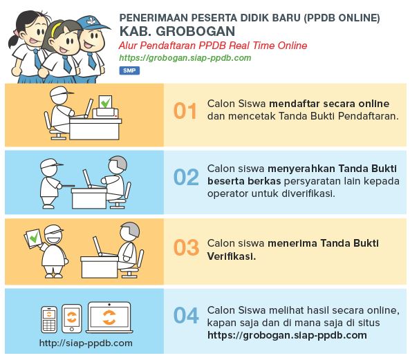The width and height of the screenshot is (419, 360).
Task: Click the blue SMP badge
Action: [x=129, y=70]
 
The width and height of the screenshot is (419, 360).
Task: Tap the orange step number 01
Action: [x=185, y=111]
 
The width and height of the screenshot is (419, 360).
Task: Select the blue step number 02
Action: [x=186, y=177]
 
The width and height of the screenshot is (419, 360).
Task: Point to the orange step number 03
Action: [x=186, y=247]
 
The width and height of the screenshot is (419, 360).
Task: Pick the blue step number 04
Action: [x=186, y=315]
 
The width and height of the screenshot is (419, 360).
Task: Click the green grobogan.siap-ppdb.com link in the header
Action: [x=185, y=58]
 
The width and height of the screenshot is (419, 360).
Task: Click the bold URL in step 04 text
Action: [x=287, y=335]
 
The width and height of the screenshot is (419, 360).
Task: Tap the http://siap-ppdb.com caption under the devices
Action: [x=86, y=343]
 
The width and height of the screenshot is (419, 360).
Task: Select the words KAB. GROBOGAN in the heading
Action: [x=177, y=31]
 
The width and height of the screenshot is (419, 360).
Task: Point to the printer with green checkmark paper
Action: [x=106, y=107]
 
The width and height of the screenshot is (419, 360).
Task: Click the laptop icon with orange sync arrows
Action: [x=109, y=318]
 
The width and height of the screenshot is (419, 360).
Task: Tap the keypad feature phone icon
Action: [x=49, y=320]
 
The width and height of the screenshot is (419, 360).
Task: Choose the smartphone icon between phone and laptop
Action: [x=72, y=319]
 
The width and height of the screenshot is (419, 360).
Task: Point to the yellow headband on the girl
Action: [x=56, y=29]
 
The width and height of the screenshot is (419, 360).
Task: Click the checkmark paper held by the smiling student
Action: [x=33, y=238]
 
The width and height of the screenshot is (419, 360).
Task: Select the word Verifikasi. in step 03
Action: [x=232, y=256]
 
